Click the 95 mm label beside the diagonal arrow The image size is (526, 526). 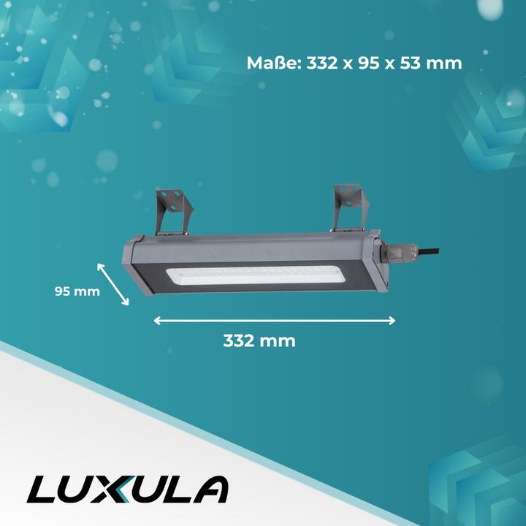coord(77,291)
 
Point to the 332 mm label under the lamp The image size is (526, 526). coord(259,340)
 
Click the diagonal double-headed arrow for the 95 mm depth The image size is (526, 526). coord(113,285)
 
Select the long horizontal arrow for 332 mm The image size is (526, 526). coord(275,320)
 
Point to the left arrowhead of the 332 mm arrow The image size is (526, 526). coord(157,320)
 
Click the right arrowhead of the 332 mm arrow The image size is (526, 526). coord(392,320)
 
